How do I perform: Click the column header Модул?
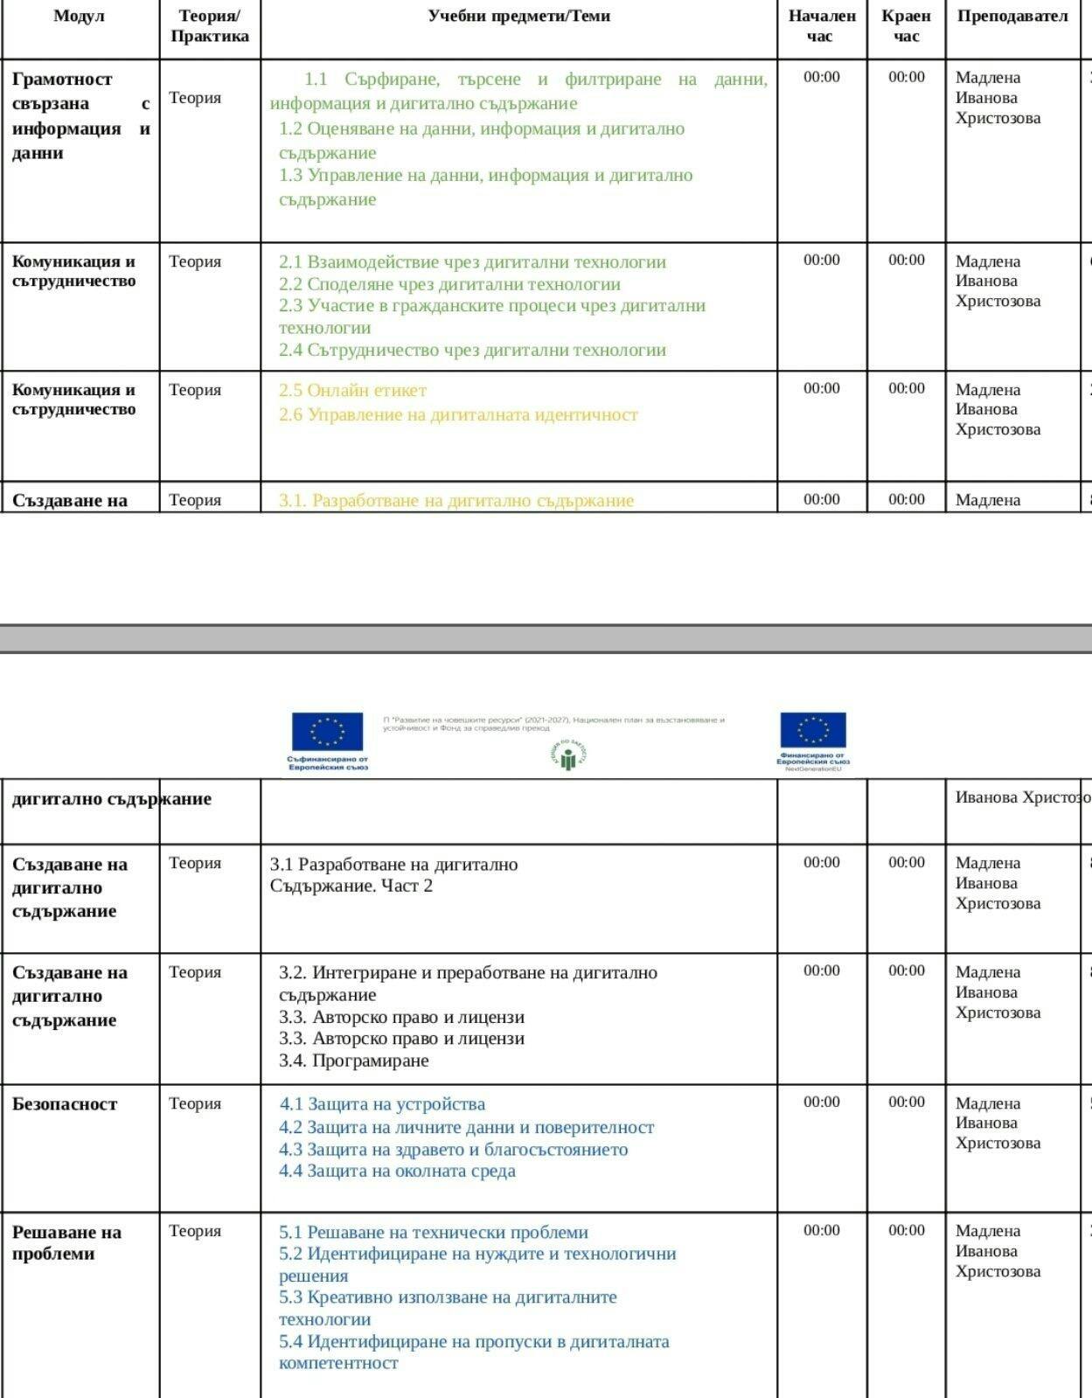[x=80, y=16]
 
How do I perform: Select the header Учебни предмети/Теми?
[x=518, y=16]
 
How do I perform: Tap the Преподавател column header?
[x=1012, y=16]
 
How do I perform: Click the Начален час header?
[x=821, y=25]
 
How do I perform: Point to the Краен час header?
[x=906, y=25]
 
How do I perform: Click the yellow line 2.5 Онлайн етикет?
[x=352, y=390]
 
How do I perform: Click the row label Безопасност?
[x=65, y=1104]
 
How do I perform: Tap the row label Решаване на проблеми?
[x=66, y=1242]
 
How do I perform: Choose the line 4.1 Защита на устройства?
[x=382, y=1104]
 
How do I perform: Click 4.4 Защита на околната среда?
[x=397, y=1171]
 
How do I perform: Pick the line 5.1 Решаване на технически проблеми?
[x=434, y=1232]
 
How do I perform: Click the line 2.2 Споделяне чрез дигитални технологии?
[x=449, y=284]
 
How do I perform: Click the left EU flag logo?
[x=328, y=732]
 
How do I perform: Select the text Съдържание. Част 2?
[x=351, y=886]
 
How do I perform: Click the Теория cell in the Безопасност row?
[x=195, y=1103]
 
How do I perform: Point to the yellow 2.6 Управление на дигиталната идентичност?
[x=458, y=414]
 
